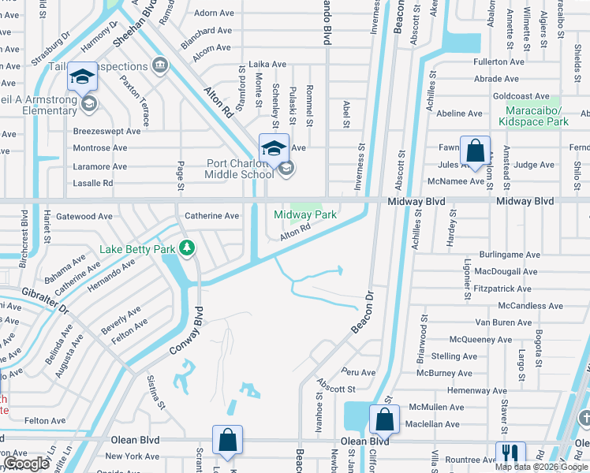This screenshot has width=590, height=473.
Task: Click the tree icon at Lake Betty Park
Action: (187, 249)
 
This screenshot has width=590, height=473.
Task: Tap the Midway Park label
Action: (305, 214)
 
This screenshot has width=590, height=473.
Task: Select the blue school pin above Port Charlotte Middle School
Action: (274, 148)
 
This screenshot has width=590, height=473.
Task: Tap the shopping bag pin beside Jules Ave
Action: (476, 151)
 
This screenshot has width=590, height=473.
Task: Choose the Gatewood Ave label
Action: (84, 216)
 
